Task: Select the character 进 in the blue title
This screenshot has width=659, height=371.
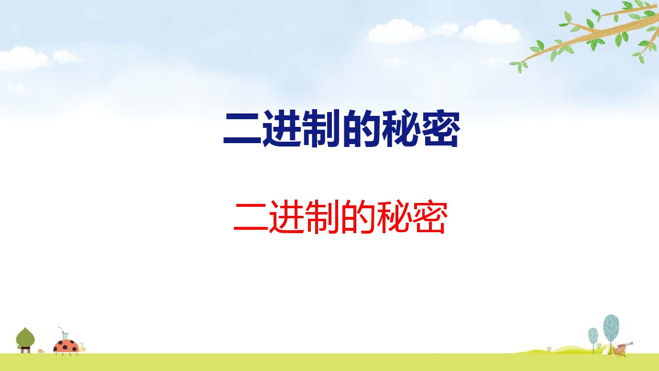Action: (282, 128)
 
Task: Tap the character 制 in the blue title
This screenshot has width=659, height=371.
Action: (321, 128)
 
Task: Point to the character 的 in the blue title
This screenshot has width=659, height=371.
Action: (361, 128)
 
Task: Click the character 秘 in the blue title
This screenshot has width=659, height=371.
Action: (401, 128)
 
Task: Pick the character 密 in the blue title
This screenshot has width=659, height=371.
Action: (440, 128)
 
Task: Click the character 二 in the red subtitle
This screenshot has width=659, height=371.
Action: (251, 217)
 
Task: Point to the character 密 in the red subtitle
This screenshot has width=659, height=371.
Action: (429, 217)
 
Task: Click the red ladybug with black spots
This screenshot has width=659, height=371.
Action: (66, 347)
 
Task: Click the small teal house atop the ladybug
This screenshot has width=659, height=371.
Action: (65, 335)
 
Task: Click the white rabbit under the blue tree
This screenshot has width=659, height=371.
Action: (605, 350)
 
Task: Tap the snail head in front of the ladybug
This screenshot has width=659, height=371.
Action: (82, 348)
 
